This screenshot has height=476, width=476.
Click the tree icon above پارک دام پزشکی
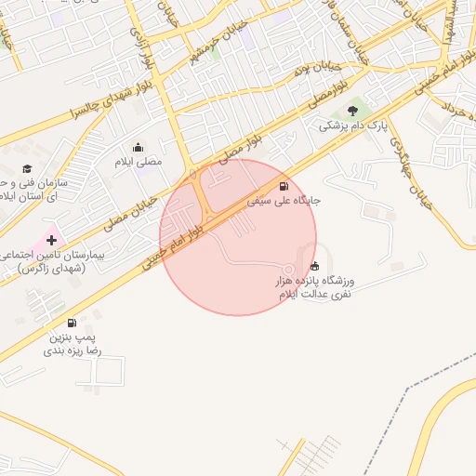[x=352, y=111]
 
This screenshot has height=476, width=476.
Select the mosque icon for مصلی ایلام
[x=139, y=147]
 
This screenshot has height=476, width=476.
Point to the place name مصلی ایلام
[x=138, y=162]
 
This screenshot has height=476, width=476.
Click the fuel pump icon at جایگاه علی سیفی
[x=283, y=185]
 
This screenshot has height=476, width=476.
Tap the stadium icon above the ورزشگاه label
[x=314, y=266]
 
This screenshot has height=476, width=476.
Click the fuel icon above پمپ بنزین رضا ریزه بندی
[x=73, y=324]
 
